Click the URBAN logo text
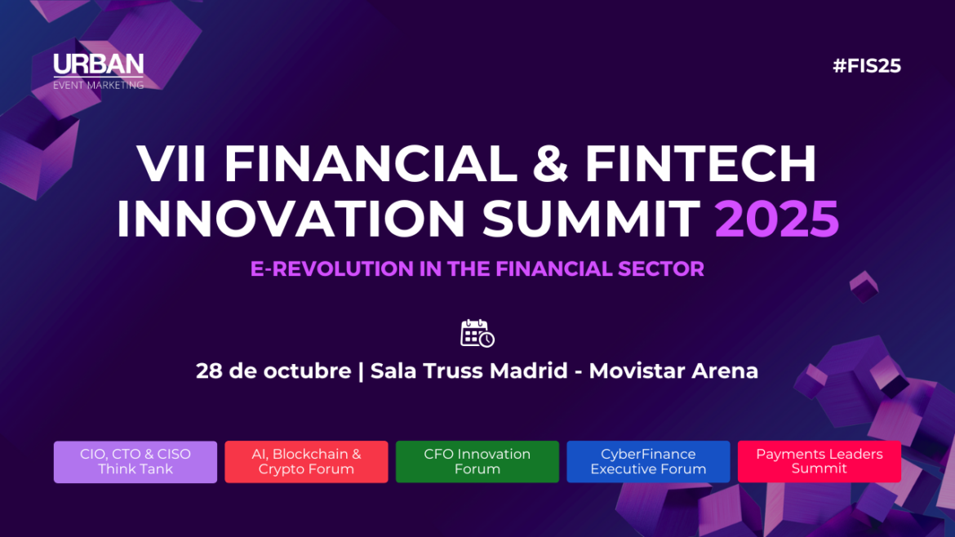(98, 65)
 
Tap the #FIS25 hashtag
(866, 66)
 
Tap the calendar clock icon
(477, 333)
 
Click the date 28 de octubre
(273, 371)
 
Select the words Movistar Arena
(673, 371)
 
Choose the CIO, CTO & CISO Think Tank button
(135, 462)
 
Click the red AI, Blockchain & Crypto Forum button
(306, 462)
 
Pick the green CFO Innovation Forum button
(477, 462)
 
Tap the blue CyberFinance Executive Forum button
(648, 462)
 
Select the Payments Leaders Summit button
(819, 461)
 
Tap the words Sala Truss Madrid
(469, 371)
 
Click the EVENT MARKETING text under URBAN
(98, 85)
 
